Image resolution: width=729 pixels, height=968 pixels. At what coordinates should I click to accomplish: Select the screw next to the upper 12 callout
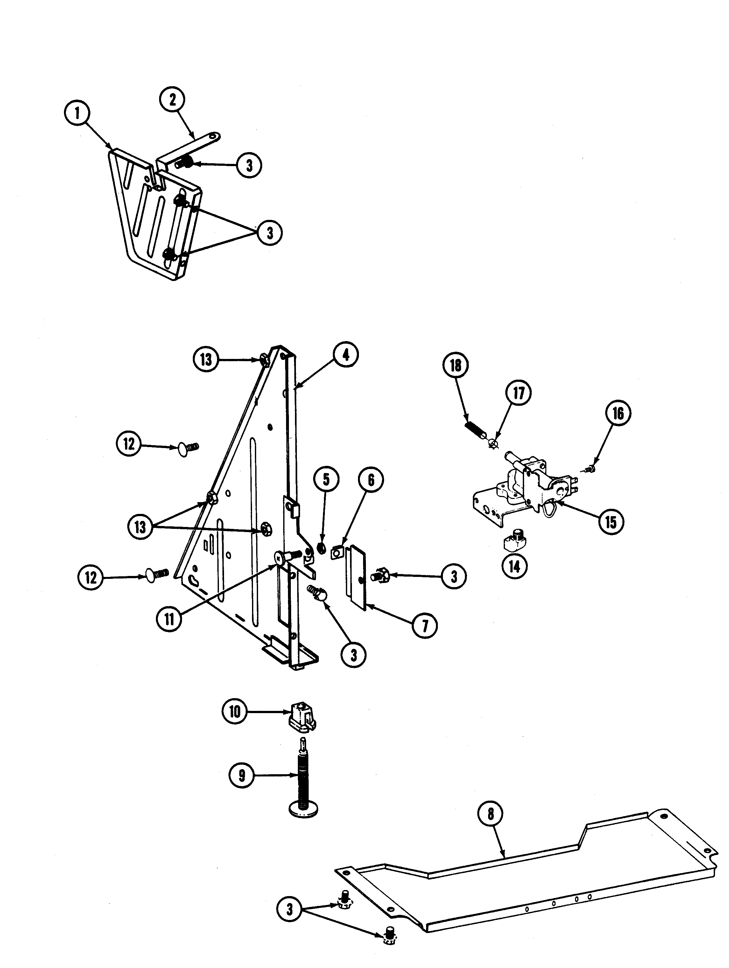click(x=188, y=448)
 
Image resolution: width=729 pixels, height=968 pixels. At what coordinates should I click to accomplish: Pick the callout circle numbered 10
click(x=235, y=712)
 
